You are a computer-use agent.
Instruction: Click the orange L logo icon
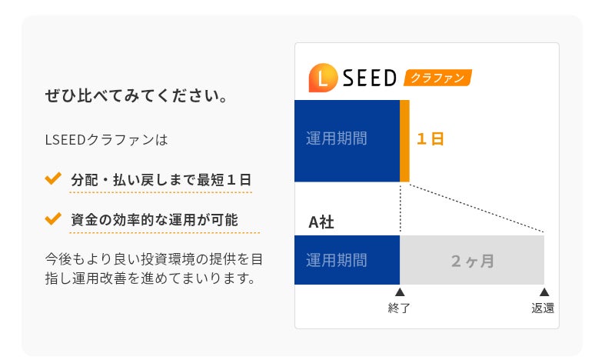[x=321, y=77]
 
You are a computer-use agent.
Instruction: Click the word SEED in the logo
[x=368, y=78]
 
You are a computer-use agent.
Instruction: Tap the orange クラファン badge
[x=437, y=78]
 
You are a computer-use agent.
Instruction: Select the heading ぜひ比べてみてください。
[x=136, y=98]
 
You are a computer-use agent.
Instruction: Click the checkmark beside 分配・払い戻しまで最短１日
[x=53, y=178]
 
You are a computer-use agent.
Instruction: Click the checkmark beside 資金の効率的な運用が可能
[x=53, y=218]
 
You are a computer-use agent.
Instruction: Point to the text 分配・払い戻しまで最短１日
[x=161, y=180]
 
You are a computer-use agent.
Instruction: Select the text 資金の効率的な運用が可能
[x=155, y=220]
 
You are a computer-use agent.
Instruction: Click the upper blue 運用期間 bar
[x=347, y=140]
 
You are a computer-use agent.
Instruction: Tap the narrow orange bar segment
[x=404, y=140]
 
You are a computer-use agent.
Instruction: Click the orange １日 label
[x=430, y=139]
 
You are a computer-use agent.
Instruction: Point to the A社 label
[x=321, y=222]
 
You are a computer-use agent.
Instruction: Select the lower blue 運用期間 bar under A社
[x=347, y=260]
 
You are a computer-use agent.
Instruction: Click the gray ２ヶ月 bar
[x=472, y=260]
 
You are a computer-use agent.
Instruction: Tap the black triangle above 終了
[x=400, y=292]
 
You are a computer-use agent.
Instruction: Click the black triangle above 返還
[x=544, y=292]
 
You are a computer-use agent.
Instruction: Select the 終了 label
[x=400, y=308]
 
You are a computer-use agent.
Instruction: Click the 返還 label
[x=543, y=308]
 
